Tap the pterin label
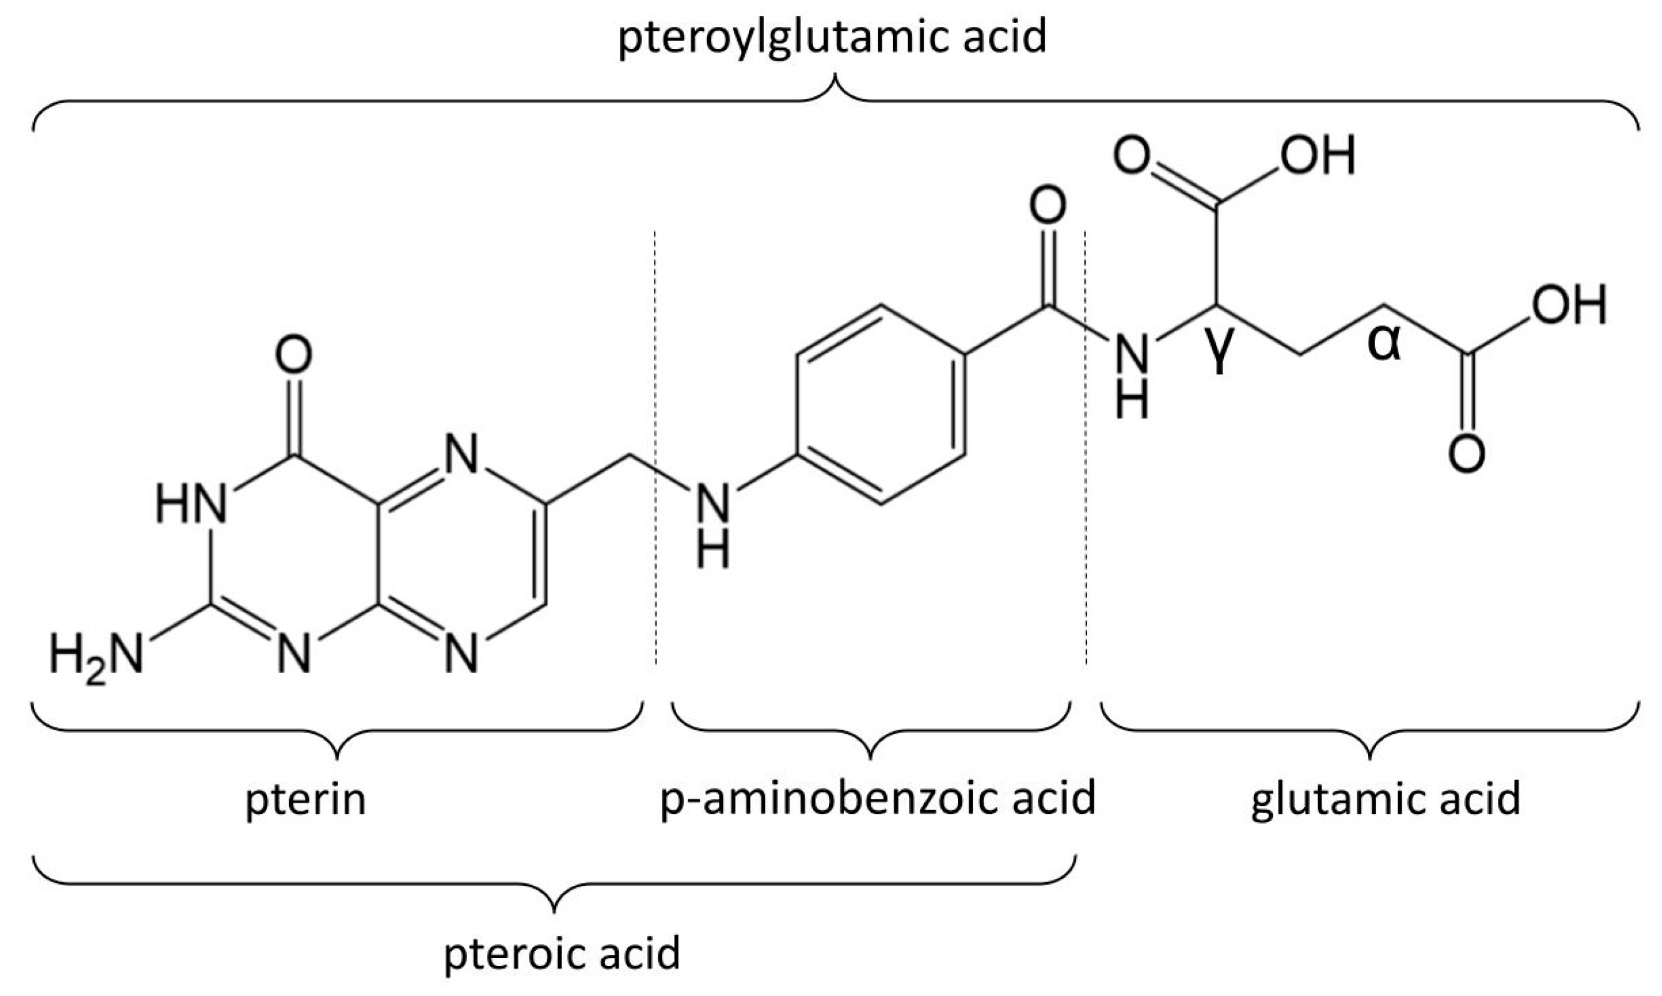point(305,800)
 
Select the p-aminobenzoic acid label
point(877,800)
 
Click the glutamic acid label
point(1385,800)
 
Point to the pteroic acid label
point(562,953)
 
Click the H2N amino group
point(96,656)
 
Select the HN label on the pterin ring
point(191,505)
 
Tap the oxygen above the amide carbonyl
point(1048,205)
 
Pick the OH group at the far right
point(1569,305)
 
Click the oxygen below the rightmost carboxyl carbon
point(1466,454)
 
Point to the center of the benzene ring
point(880,404)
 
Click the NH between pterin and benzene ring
point(713,530)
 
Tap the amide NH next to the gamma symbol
point(1133,376)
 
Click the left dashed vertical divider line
point(655,450)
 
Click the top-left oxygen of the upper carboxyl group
point(1132,156)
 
